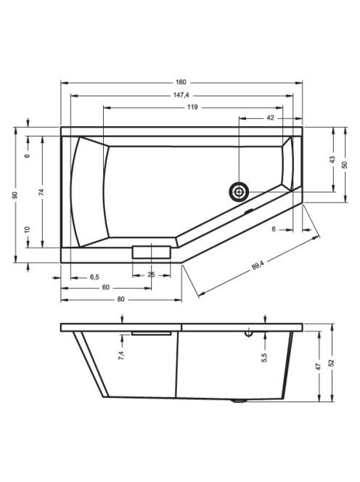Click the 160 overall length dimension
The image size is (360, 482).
181,82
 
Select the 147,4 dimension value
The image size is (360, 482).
181,95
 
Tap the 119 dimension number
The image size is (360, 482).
192,107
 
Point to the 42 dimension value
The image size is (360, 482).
270,118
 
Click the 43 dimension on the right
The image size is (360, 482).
332,160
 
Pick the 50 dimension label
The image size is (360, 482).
345,165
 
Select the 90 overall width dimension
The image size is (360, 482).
15,195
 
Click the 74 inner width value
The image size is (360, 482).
41,192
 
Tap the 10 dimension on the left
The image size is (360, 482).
28,229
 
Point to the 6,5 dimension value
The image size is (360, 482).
94,277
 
